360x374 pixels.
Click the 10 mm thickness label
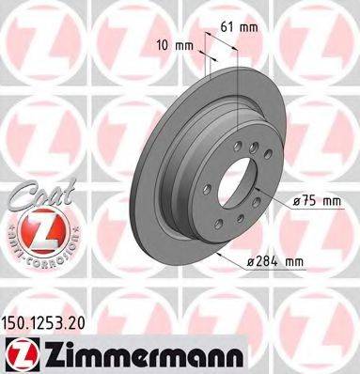170,43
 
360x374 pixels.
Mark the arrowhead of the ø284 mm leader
217,254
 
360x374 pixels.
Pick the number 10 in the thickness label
161,43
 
